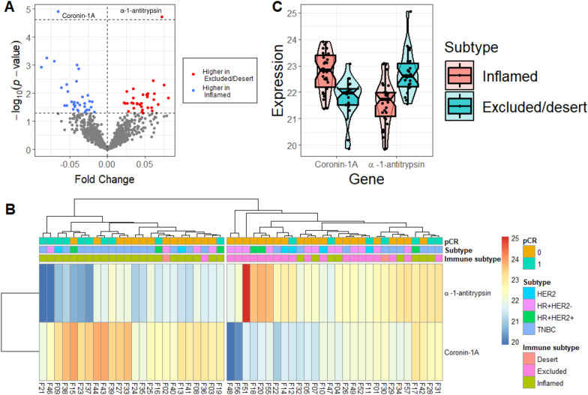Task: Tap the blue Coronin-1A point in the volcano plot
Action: [x=58, y=12]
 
